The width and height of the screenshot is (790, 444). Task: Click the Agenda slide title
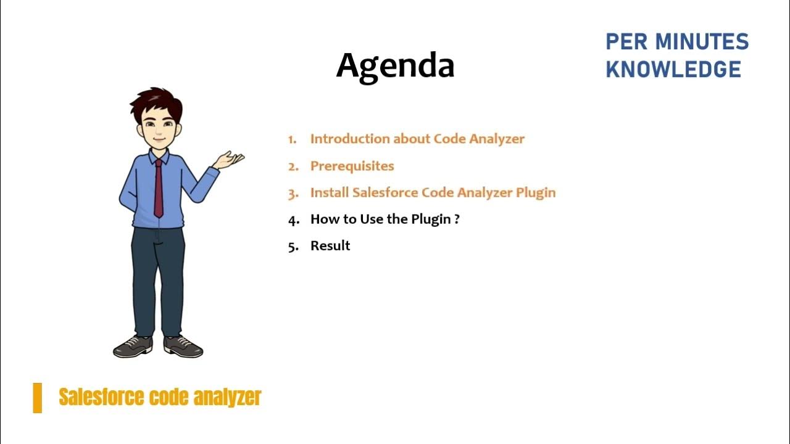tap(395, 66)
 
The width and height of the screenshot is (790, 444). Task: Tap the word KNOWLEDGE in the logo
tap(673, 70)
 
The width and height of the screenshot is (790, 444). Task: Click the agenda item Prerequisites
tap(352, 166)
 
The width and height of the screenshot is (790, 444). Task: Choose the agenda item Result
tap(330, 245)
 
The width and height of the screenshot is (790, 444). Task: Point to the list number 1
tap(292, 139)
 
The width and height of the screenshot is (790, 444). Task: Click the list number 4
tap(293, 220)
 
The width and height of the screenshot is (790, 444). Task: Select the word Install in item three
tap(329, 192)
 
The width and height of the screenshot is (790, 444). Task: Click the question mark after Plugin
tap(457, 219)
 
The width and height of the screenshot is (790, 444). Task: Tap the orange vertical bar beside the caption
tap(38, 398)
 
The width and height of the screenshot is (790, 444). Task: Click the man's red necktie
tap(159, 188)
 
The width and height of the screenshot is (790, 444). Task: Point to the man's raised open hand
tap(230, 160)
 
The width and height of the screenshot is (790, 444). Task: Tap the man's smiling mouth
tap(159, 139)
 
